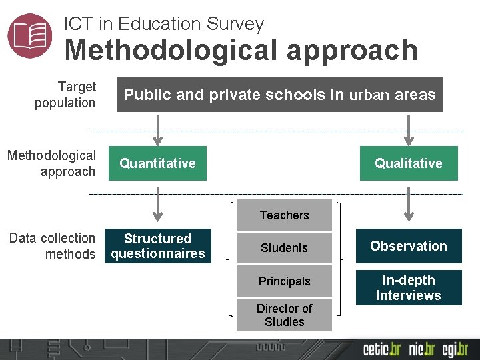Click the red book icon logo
[x=30, y=35]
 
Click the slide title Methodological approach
[x=241, y=51]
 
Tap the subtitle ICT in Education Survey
[x=164, y=24]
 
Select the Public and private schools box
[x=279, y=95]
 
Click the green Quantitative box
[x=157, y=163]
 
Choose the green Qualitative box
[x=409, y=163]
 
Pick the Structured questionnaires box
[x=158, y=246]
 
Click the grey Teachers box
[x=285, y=215]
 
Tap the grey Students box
[x=285, y=248]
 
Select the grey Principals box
[x=285, y=281]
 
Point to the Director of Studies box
[x=285, y=315]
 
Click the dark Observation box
[x=409, y=246]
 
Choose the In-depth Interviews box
[x=409, y=287]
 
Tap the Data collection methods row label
[x=53, y=246]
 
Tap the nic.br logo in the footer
[x=422, y=349]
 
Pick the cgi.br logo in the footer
[x=455, y=349]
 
